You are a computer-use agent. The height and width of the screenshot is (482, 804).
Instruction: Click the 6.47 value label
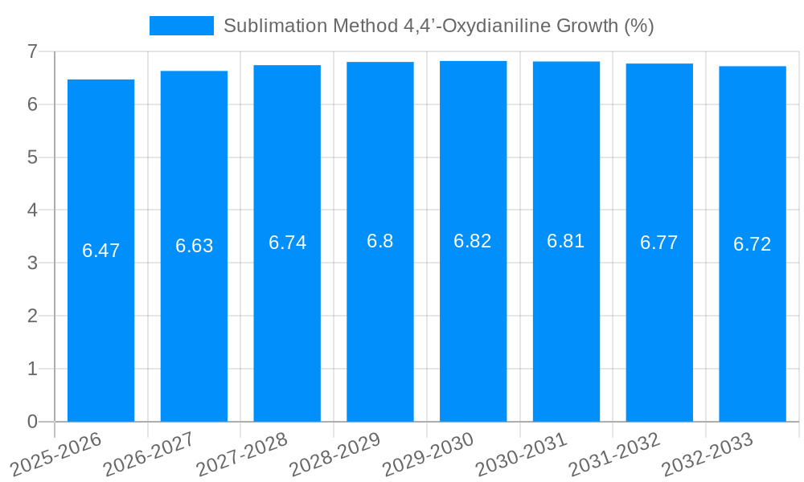coord(100,251)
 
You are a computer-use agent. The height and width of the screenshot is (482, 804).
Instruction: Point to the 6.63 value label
coord(194,246)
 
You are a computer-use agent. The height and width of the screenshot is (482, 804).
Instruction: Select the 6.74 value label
coord(287,243)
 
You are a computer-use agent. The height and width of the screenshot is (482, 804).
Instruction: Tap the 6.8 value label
coord(379,241)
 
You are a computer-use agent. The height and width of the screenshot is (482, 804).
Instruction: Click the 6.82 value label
coord(473,241)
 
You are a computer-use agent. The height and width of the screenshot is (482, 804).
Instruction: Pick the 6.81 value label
coord(565,241)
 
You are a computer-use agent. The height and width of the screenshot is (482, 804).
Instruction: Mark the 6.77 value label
coord(658,243)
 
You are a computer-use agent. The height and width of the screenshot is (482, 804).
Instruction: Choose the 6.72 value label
coord(752,244)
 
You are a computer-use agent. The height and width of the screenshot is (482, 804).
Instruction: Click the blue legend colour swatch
coord(181,26)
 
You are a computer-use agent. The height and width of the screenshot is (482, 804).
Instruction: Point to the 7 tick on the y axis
coord(32,51)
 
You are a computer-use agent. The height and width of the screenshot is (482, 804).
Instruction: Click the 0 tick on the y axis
coord(32,422)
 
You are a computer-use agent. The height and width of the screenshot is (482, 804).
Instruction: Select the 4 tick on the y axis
coord(32,210)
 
